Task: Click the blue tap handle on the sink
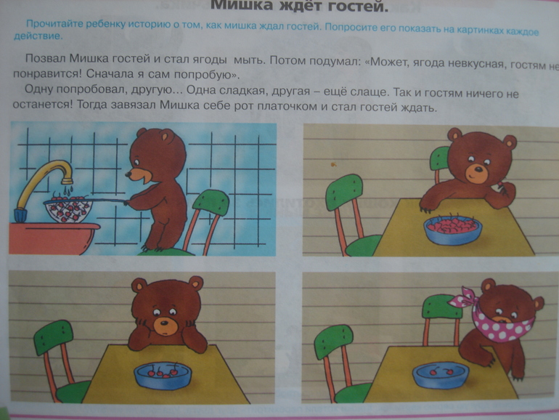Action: tap(19, 214)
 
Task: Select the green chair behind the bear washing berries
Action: tap(211, 204)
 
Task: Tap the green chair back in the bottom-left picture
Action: tap(52, 337)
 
